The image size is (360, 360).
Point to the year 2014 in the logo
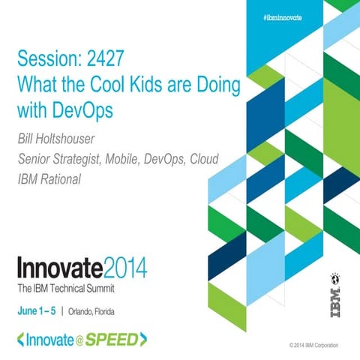click(123, 268)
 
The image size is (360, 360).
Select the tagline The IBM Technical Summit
click(70, 289)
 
